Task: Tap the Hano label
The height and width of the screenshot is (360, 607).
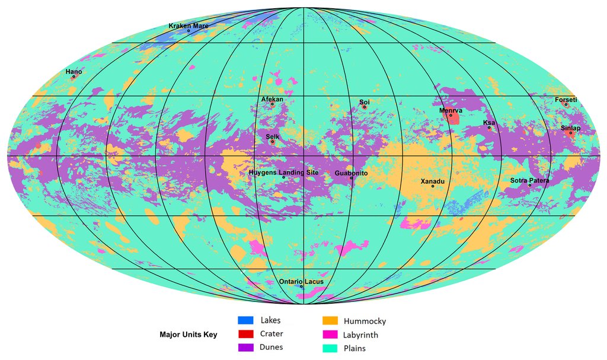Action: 74,72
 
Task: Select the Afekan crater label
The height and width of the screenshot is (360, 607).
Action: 272,99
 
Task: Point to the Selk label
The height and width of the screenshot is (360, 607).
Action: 272,137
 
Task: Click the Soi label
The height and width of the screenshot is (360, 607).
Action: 365,102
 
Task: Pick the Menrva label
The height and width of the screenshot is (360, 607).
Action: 451,110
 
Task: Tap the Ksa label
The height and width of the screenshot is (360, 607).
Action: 489,122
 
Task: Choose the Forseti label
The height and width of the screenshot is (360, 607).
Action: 566,100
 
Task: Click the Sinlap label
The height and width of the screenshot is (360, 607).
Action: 570,128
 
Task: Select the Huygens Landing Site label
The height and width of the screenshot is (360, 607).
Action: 283,173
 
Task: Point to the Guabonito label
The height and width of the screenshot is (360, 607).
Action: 351,173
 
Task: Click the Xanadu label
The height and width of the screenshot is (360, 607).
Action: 432,181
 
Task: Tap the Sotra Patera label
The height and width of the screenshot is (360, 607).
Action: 529,180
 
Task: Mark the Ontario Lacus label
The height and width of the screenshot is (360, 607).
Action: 301,281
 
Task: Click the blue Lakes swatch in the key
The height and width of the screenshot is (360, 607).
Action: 245,321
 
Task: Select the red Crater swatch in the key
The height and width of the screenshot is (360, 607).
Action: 245,334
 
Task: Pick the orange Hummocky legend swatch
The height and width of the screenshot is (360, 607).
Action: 330,321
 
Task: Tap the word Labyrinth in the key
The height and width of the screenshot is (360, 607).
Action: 360,334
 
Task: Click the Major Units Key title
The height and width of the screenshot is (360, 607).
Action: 189,334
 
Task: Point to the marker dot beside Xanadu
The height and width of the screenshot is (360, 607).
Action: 433,187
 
